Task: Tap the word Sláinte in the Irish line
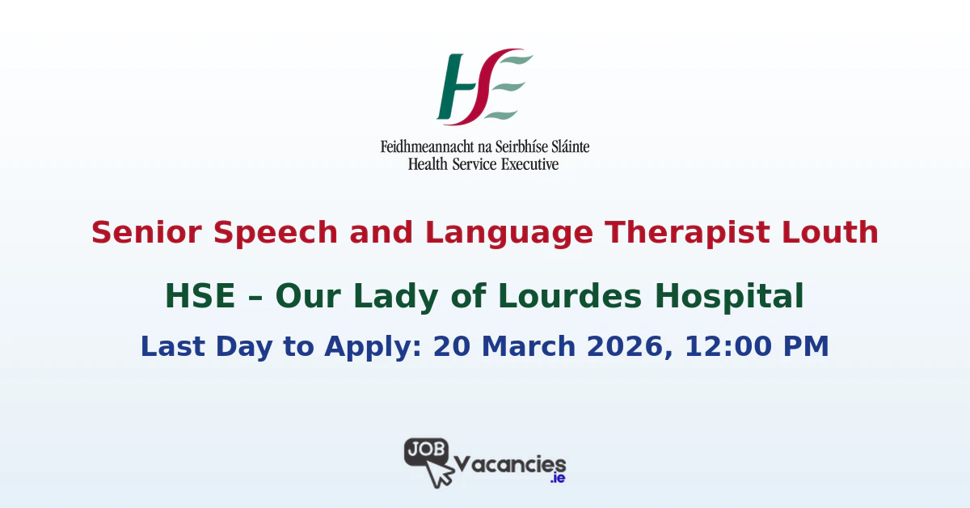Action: point(565,147)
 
